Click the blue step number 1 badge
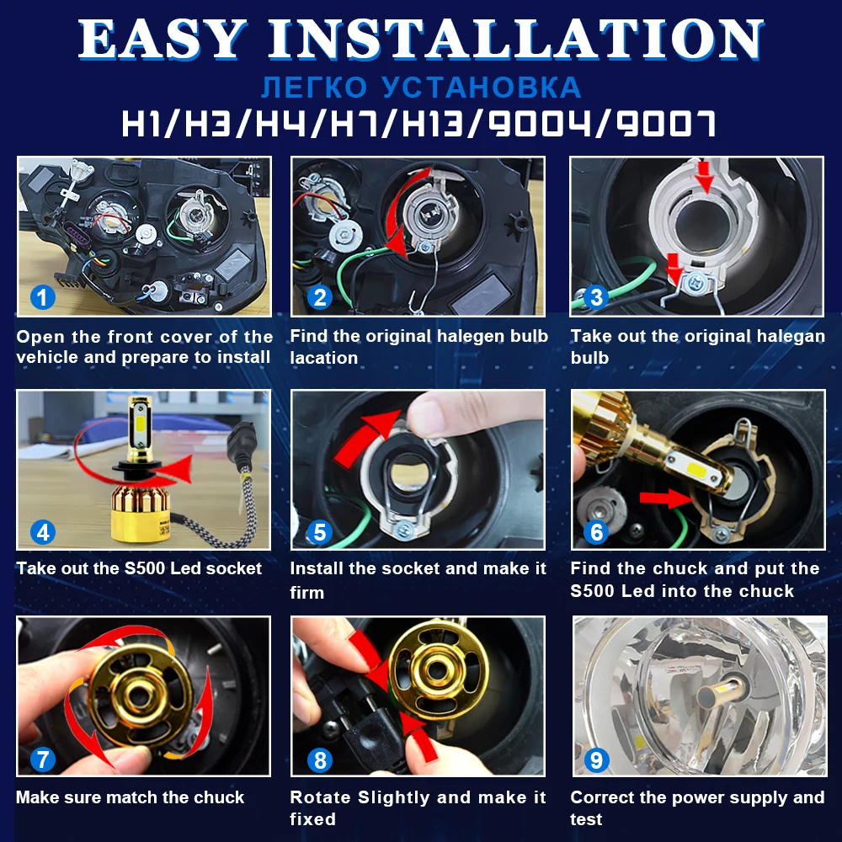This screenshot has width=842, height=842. click(43, 297)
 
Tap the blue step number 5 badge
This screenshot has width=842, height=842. click(319, 532)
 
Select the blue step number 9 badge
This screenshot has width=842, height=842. click(596, 759)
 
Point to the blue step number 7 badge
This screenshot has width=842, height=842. click(43, 759)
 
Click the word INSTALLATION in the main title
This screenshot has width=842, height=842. click(515, 39)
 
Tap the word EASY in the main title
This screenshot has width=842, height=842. click(163, 39)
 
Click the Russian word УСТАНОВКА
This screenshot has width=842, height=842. click(482, 88)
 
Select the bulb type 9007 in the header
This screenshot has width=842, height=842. click(666, 124)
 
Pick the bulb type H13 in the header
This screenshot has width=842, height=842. click(432, 124)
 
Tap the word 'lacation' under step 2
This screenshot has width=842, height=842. click(324, 358)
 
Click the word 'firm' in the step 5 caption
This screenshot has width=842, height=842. click(306, 592)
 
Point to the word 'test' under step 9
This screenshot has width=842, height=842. click(586, 819)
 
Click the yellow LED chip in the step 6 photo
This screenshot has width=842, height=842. click(695, 461)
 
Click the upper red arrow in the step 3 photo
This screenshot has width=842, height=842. click(704, 176)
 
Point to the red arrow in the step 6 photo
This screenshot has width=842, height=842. click(666, 498)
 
